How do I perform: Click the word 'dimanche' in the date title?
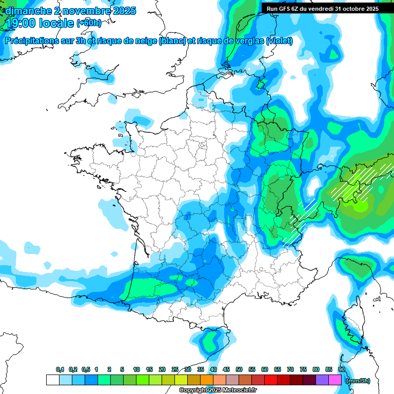click(26, 10)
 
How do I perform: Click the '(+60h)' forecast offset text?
click(89, 23)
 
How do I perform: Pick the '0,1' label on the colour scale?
click(60, 370)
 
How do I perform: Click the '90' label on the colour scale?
click(342, 370)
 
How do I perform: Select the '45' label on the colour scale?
click(226, 370)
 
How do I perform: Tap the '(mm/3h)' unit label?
click(358, 381)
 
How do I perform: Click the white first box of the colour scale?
click(52, 380)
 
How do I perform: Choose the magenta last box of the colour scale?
click(335, 380)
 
